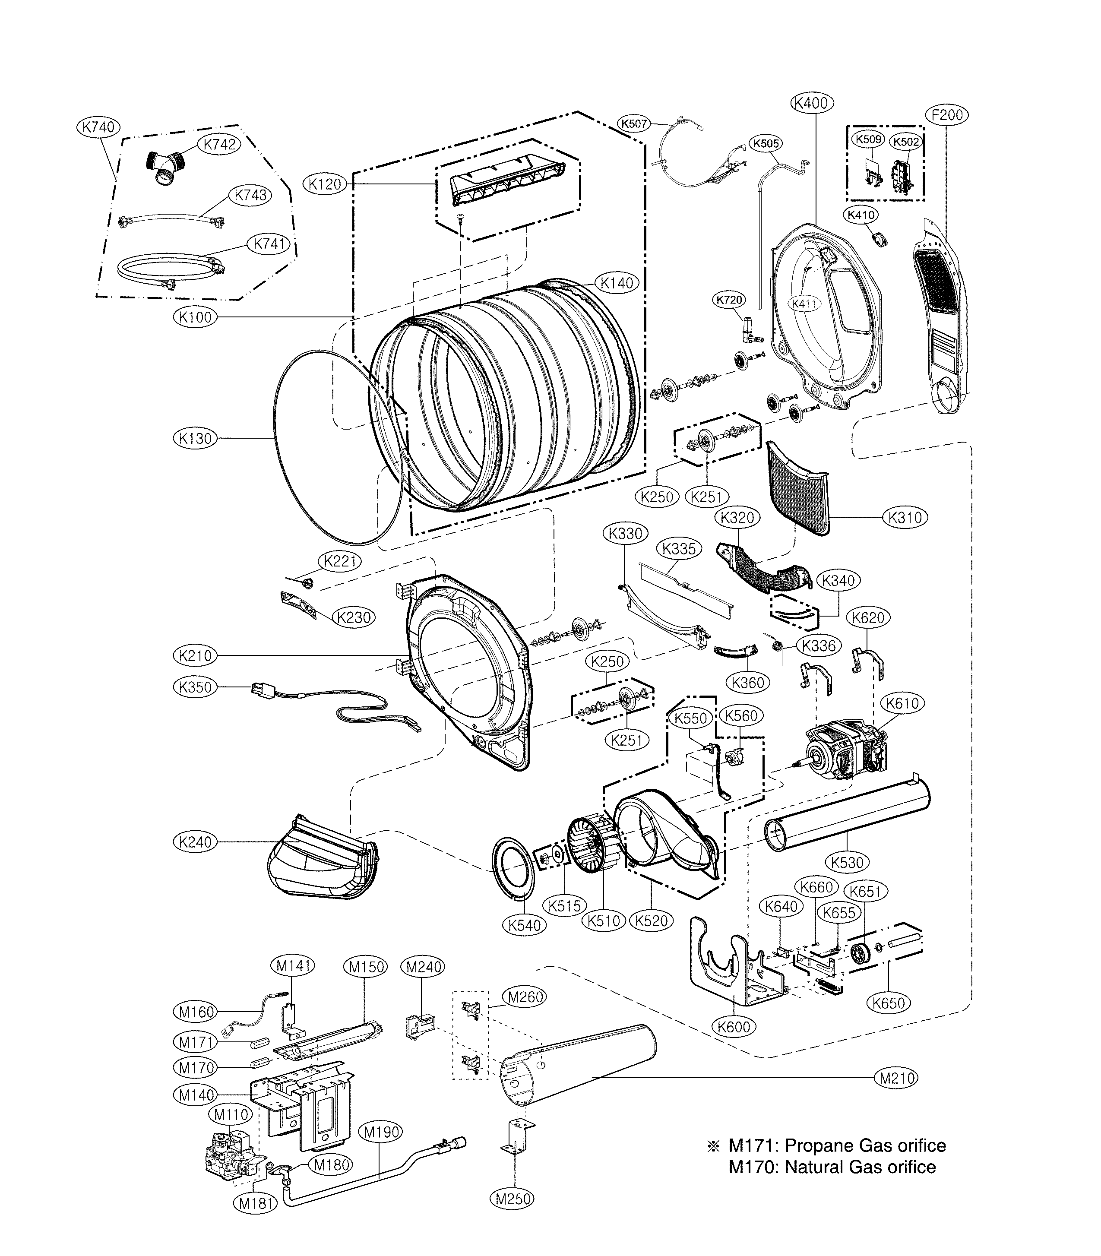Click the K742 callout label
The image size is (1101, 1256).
tap(219, 144)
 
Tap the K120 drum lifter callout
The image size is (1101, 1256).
tap(325, 184)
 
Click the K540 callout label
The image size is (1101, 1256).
tap(524, 925)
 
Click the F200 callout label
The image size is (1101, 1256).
tap(947, 115)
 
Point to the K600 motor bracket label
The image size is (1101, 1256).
tap(734, 1026)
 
